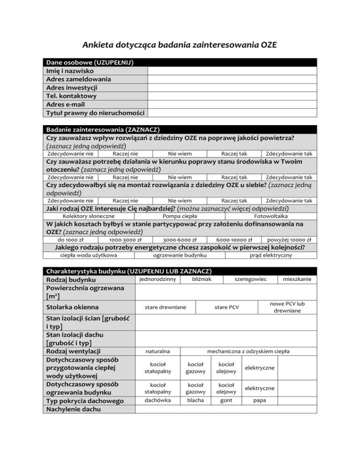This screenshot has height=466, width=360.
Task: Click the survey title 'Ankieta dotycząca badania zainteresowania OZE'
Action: [x=180, y=45]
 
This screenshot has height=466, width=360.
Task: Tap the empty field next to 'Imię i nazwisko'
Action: [x=232, y=71]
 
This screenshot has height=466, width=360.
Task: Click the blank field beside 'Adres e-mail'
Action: [x=232, y=105]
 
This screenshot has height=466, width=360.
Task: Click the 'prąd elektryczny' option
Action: [x=270, y=256]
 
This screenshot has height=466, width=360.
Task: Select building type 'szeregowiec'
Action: [x=250, y=279]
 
